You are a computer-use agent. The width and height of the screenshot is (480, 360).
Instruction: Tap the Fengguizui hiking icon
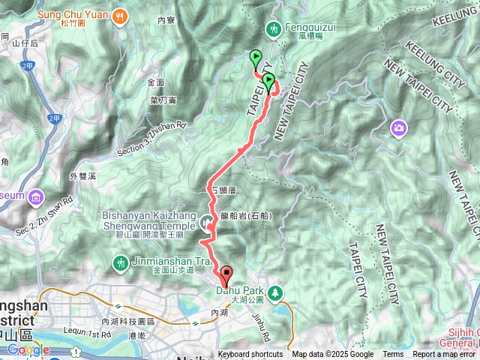pyautogui.click(x=273, y=28)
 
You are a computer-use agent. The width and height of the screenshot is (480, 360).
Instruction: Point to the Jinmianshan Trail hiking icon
pyautogui.click(x=120, y=262)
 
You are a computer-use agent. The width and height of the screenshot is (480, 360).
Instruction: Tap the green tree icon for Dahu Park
pyautogui.click(x=276, y=290)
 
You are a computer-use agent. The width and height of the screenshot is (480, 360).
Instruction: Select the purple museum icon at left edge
pyautogui.click(x=36, y=198)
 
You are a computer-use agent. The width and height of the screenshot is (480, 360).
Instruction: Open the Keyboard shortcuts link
pyautogui.click(x=250, y=355)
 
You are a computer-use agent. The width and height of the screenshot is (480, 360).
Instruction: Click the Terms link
pyautogui.click(x=393, y=355)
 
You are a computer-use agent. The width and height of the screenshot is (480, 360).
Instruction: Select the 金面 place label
pyautogui.click(x=156, y=82)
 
